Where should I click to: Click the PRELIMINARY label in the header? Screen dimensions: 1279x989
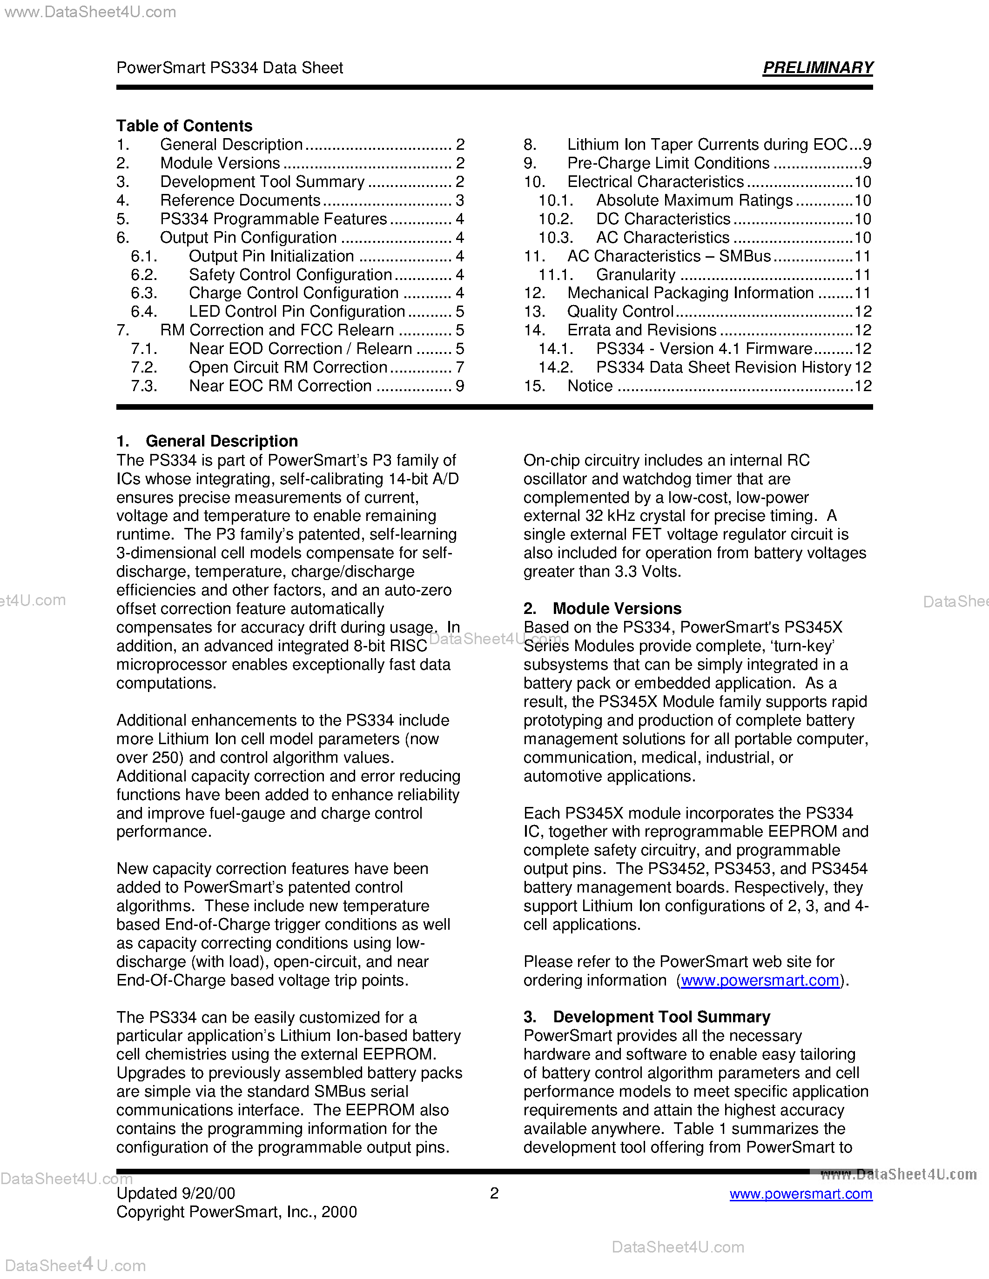[x=817, y=68]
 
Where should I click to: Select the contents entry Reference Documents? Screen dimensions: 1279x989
[x=240, y=200]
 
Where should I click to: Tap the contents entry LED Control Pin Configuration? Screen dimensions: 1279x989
[x=296, y=312]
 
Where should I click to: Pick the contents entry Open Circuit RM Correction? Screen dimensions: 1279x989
[x=288, y=367]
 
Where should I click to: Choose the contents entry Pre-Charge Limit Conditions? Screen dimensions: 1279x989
[x=668, y=163]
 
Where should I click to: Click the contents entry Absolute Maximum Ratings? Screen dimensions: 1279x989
[x=694, y=200]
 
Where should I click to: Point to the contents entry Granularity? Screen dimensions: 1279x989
[x=636, y=275]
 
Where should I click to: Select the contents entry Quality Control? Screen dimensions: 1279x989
[x=620, y=312]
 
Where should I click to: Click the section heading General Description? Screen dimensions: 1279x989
[x=222, y=441]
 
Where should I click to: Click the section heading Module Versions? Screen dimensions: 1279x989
[x=617, y=608]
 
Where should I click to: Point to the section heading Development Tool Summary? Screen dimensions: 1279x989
[x=661, y=1017]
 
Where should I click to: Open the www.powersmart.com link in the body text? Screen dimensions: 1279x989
[x=760, y=980]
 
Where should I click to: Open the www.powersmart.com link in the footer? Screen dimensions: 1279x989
[x=801, y=1193]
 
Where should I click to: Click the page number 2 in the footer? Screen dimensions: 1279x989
[x=494, y=1193]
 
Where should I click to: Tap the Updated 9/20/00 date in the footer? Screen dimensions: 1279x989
[x=176, y=1193]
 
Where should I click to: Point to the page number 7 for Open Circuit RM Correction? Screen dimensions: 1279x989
[x=460, y=367]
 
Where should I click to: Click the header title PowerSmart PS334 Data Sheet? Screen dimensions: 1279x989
[x=229, y=68]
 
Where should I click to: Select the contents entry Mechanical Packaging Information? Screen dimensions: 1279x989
[x=690, y=293]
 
